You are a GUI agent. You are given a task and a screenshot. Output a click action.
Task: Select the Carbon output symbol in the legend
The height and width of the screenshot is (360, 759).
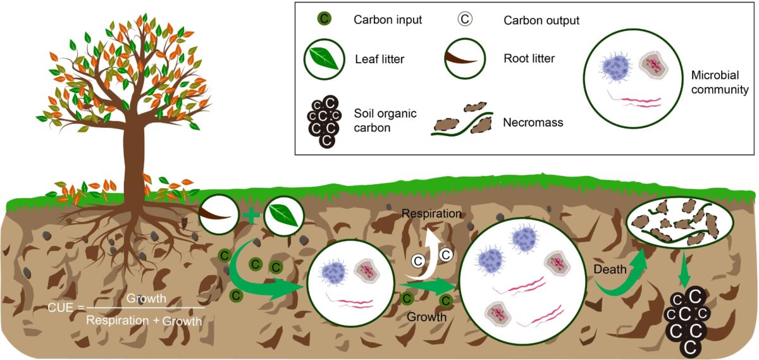click(465, 19)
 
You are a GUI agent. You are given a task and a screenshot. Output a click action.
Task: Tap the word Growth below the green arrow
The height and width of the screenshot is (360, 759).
click(428, 316)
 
